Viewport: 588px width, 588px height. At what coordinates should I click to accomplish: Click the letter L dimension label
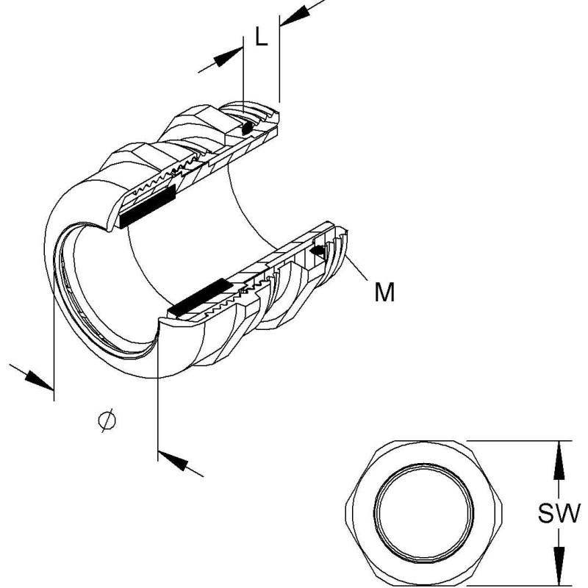tap(262, 37)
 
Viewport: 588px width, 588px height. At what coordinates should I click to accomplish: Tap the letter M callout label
tap(384, 292)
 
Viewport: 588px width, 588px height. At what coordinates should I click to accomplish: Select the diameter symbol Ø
tap(107, 420)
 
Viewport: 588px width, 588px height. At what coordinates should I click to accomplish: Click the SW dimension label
tap(559, 513)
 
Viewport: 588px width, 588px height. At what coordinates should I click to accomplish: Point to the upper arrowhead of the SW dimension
tap(559, 460)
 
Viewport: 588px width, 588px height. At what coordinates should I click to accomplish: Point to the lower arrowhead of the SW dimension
tap(559, 566)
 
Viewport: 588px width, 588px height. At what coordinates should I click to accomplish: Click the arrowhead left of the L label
tap(228, 57)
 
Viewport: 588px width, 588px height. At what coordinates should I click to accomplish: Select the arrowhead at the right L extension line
tap(295, 16)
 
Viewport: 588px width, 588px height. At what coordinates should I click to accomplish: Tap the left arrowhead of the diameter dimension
tap(39, 380)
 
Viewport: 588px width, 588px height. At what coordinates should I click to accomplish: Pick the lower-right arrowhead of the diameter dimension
tap(173, 461)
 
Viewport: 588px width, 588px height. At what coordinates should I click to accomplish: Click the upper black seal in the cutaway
tap(147, 207)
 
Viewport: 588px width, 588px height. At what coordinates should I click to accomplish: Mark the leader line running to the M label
tap(356, 267)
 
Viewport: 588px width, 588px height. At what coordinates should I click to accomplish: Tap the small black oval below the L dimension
tap(247, 129)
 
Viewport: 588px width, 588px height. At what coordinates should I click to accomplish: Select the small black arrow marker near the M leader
tap(318, 251)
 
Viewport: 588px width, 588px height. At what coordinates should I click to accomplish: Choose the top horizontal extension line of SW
tap(519, 440)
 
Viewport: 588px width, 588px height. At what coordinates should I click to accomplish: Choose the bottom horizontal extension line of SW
tap(519, 586)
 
